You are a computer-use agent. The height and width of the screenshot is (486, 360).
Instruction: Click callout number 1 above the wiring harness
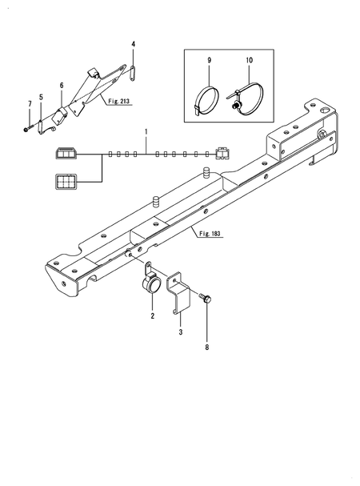tap(146, 132)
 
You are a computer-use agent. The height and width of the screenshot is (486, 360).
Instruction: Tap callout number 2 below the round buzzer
tap(153, 316)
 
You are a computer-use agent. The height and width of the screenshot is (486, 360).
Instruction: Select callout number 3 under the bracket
tap(181, 332)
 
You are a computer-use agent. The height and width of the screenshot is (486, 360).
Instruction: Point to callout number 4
tap(134, 44)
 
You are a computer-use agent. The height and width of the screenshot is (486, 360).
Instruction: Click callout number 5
tap(41, 98)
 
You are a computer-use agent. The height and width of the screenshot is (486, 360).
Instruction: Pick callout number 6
tap(62, 86)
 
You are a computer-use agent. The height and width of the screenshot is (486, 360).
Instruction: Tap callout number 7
tap(30, 104)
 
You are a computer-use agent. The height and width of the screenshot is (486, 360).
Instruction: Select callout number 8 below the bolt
tap(207, 347)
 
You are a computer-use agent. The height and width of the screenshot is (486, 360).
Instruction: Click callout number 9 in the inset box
tap(209, 60)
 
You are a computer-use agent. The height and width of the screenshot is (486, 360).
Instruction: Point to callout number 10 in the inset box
tap(250, 60)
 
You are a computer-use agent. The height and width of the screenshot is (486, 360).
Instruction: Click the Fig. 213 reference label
tap(119, 102)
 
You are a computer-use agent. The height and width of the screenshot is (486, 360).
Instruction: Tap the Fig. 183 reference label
tap(210, 233)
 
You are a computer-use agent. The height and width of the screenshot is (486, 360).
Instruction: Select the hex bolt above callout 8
tap(206, 299)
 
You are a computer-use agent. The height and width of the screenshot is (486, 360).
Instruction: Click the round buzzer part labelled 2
tap(150, 280)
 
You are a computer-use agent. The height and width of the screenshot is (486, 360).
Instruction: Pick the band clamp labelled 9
tap(206, 99)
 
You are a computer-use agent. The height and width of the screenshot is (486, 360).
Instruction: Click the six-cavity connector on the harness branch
tap(66, 181)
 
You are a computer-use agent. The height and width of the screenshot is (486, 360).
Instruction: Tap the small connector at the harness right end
tap(222, 153)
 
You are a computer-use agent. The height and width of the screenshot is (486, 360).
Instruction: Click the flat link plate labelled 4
tap(133, 74)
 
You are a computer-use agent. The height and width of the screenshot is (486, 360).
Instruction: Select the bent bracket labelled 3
tap(178, 293)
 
